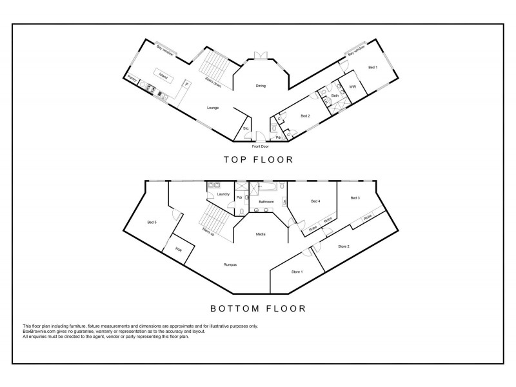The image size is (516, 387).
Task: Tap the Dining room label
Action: pyautogui.click(x=261, y=86)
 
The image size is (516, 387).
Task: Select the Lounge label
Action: pyautogui.click(x=213, y=108)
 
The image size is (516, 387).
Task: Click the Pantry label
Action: pyautogui.click(x=132, y=80)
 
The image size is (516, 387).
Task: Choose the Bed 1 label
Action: pyautogui.click(x=373, y=68)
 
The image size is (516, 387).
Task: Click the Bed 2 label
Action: pyautogui.click(x=306, y=116)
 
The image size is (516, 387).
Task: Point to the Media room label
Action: pyautogui.click(x=261, y=234)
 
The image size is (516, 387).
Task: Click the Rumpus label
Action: pyautogui.click(x=230, y=264)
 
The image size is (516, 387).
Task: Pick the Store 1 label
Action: pyautogui.click(x=297, y=272)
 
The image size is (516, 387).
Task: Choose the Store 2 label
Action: pyautogui.click(x=344, y=246)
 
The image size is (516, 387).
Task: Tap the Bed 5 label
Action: pyautogui.click(x=152, y=223)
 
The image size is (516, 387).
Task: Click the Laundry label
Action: pyautogui.click(x=224, y=194)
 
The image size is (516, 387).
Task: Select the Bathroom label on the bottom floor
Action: pyautogui.click(x=266, y=202)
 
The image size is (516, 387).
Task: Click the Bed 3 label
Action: pyautogui.click(x=355, y=198)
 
